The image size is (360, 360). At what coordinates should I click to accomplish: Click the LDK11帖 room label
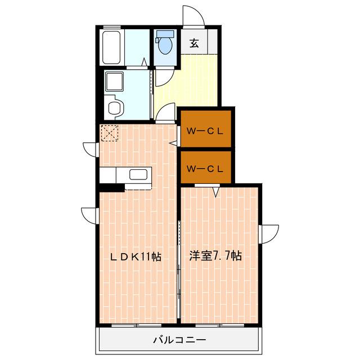click(x=136, y=256)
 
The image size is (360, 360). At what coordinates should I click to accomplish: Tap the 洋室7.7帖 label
click(x=215, y=256)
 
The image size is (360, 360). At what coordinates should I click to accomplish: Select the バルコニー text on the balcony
click(x=179, y=340)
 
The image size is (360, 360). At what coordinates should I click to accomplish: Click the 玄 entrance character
click(x=194, y=43)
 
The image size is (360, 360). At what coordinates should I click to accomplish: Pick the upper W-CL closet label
click(x=205, y=131)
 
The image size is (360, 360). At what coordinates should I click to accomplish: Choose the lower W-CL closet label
click(x=205, y=169)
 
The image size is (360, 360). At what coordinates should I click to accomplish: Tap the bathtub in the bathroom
click(x=111, y=47)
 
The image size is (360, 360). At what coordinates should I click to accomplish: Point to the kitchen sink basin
click(x=138, y=175)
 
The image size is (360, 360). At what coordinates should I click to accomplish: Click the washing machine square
click(x=114, y=81)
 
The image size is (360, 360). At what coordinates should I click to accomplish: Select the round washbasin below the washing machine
click(x=115, y=107)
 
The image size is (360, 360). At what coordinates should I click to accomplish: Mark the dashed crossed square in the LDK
click(x=110, y=133)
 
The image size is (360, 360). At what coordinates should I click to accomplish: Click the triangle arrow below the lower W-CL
click(x=215, y=192)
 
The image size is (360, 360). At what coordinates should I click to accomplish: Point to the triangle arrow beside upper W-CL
click(x=173, y=143)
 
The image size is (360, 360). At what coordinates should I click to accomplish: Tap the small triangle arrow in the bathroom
click(x=144, y=62)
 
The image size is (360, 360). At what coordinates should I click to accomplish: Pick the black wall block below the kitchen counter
click(x=112, y=188)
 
